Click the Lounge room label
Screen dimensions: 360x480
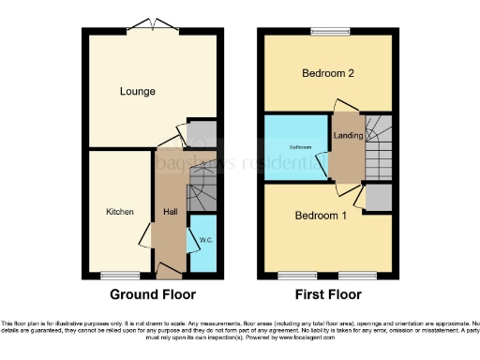tap(137, 91)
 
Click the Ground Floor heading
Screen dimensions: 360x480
tap(153, 294)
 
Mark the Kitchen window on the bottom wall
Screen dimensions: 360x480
tap(119, 275)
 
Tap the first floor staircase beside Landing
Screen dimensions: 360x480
tap(377, 145)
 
